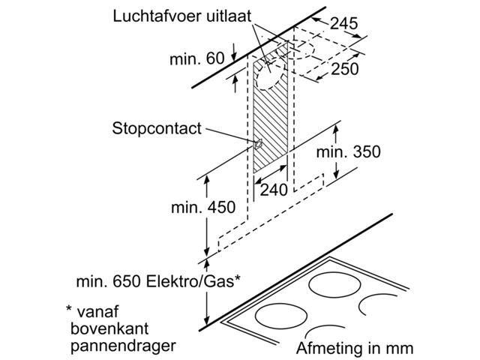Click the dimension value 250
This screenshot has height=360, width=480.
coord(345,69)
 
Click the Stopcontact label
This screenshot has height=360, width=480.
coord(157,129)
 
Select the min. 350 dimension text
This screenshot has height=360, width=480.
coord(348,152)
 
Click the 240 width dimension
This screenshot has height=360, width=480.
coord(274,190)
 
